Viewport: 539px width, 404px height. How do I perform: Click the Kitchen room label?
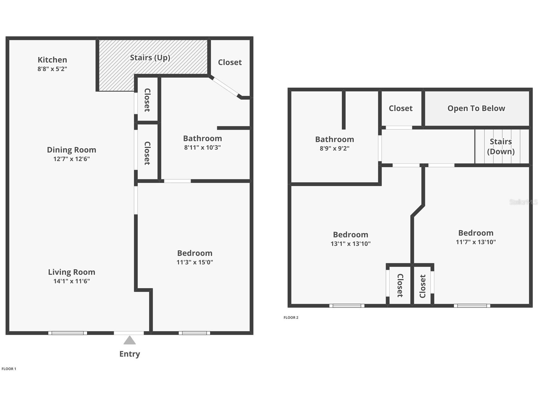[x=52, y=60]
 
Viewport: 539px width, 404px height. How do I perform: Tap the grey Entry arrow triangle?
[x=129, y=340]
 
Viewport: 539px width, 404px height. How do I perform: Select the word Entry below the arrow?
[x=129, y=354]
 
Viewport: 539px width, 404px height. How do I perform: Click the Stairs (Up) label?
[x=150, y=58]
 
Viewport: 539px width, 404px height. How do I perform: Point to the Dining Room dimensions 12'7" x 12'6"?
[x=72, y=159]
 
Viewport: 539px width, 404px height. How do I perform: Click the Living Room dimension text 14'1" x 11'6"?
[x=72, y=281]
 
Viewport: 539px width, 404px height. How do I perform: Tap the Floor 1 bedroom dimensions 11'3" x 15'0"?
[x=195, y=262]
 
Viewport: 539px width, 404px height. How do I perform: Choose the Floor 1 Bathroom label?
[x=202, y=138]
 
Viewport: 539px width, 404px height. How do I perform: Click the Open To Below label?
[x=476, y=108]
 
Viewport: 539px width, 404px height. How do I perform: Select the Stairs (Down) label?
[x=501, y=146]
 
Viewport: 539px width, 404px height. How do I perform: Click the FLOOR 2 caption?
[x=291, y=317]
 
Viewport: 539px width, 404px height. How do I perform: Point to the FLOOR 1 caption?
[x=9, y=369]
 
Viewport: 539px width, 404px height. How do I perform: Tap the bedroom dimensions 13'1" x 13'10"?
[x=350, y=244]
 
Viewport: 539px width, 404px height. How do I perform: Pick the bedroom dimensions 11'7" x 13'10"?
[x=475, y=242]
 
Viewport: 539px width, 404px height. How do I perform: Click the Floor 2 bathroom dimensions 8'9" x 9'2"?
[x=334, y=148]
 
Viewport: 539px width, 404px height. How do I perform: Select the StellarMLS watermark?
[x=523, y=202]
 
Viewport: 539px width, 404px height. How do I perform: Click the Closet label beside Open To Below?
[x=401, y=108]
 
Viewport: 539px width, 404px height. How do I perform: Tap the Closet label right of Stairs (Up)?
[x=230, y=62]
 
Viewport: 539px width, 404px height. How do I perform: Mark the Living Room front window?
[x=68, y=333]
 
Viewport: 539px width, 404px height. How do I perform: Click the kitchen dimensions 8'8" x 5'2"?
[x=52, y=69]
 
